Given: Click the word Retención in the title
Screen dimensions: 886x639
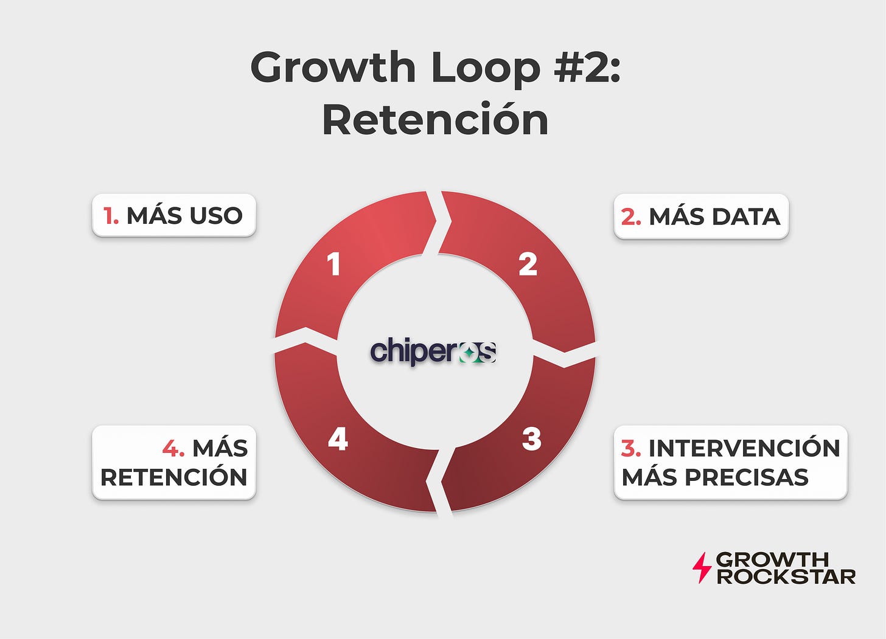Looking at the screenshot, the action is (435, 120).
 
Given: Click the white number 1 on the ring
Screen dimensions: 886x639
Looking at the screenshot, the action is (333, 264).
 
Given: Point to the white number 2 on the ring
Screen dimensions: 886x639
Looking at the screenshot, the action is (528, 264).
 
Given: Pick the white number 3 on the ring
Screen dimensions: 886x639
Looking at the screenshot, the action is (531, 439).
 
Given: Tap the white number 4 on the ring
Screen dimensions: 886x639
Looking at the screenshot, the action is (338, 439).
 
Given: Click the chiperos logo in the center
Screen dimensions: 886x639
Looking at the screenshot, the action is (433, 352).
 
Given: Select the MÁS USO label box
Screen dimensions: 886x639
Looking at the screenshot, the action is (174, 215).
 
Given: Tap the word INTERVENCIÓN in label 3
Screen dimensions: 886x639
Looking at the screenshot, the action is (744, 448).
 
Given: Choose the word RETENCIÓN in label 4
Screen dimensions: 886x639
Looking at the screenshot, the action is (174, 477).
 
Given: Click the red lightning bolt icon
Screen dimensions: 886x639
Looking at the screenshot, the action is (702, 568).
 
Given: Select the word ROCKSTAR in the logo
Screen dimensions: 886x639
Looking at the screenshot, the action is (786, 576).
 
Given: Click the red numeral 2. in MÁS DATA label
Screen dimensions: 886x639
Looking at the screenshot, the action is (631, 216).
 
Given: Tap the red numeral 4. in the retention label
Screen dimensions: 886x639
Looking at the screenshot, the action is (173, 449).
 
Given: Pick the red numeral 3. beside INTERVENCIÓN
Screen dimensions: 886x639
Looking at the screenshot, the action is (631, 448).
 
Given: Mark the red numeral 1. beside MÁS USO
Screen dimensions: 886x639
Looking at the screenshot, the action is (111, 215).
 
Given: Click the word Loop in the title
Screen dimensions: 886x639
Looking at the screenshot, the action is (486, 67).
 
